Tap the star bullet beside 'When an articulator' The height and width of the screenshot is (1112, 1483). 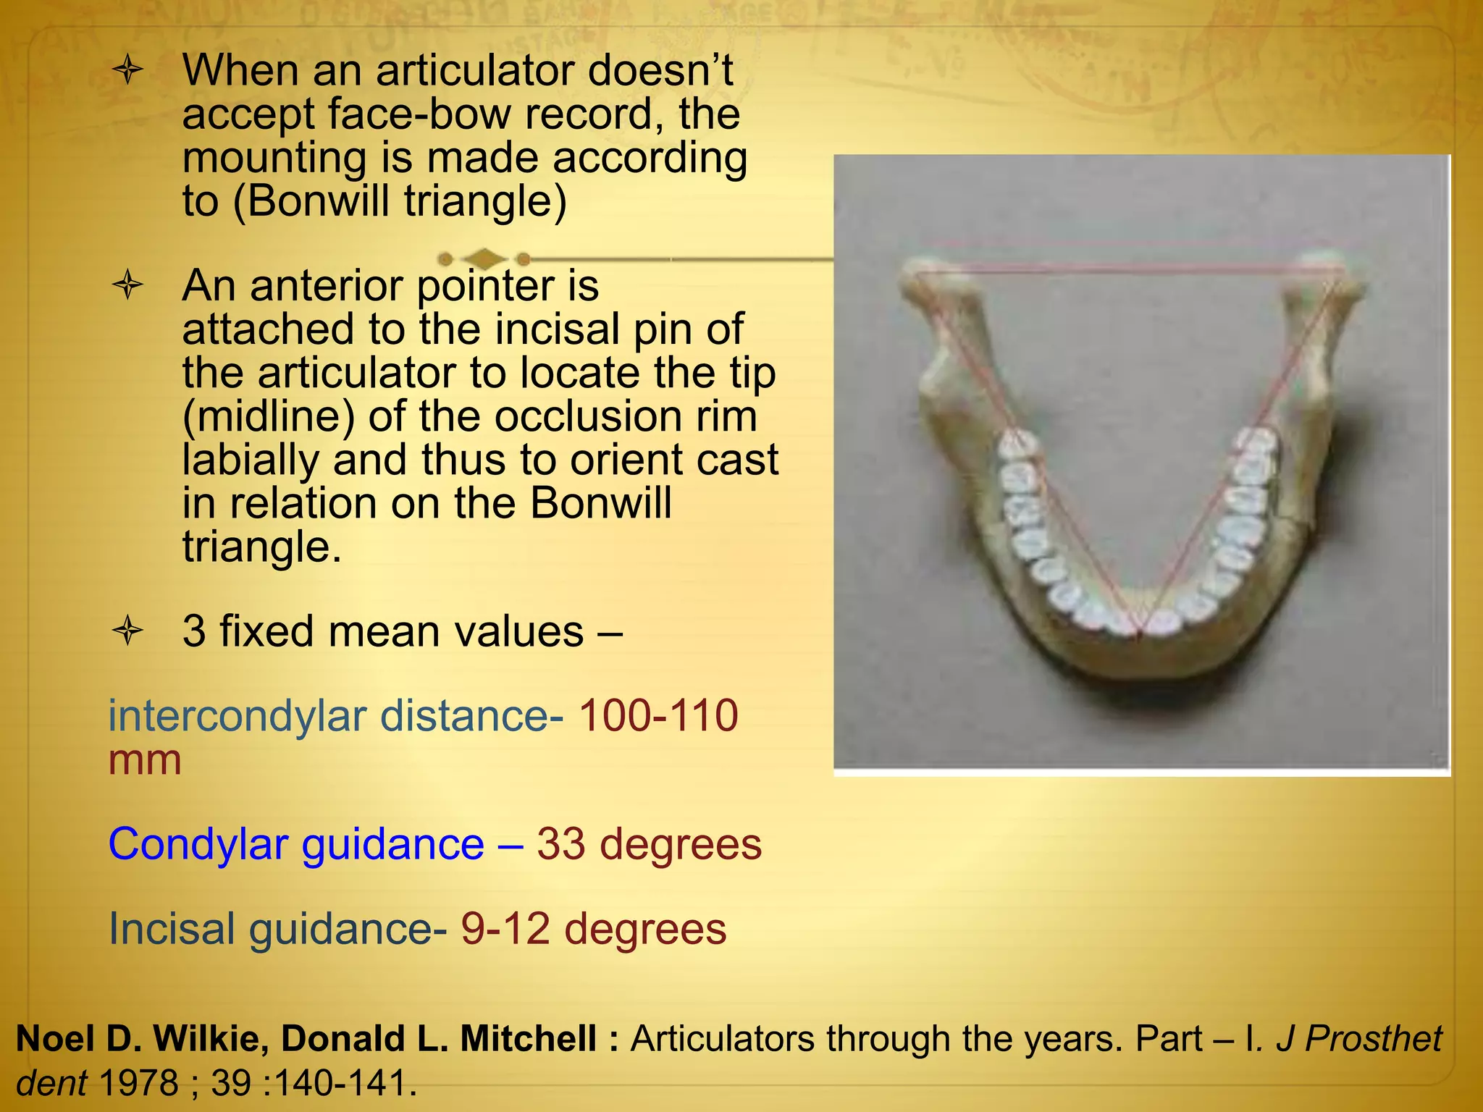click(x=128, y=72)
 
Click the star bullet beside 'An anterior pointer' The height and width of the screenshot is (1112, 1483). click(x=128, y=285)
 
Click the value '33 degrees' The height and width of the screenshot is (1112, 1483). click(x=649, y=844)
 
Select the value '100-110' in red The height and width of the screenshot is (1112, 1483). click(x=658, y=716)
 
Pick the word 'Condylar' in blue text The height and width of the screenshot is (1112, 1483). click(x=198, y=844)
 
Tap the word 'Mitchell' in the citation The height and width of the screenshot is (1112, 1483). click(x=529, y=1039)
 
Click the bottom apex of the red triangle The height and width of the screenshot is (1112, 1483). click(x=1139, y=635)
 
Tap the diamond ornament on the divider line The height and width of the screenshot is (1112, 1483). click(x=484, y=258)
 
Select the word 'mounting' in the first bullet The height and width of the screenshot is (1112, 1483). click(x=274, y=159)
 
